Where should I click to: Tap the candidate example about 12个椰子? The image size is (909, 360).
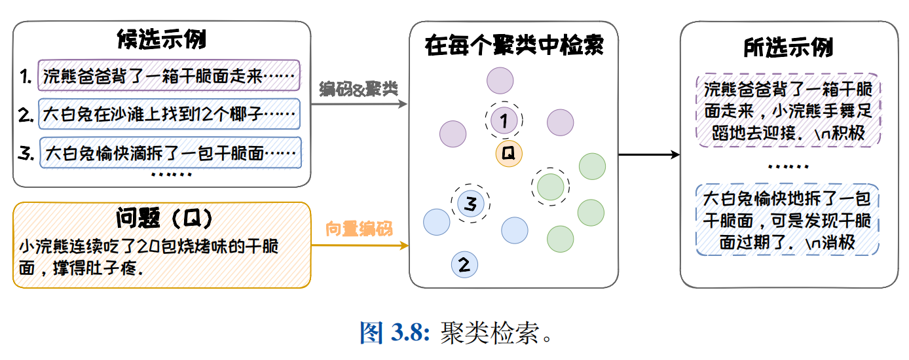click(x=168, y=115)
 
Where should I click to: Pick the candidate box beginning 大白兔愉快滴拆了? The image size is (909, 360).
click(x=170, y=154)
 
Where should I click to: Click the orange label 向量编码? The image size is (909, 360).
click(x=359, y=229)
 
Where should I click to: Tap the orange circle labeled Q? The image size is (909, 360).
click(x=508, y=153)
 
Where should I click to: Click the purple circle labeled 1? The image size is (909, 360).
click(x=504, y=120)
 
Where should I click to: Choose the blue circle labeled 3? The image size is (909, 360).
click(x=470, y=203)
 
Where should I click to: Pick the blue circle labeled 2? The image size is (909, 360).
click(x=464, y=264)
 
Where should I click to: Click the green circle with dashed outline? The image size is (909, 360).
click(x=550, y=187)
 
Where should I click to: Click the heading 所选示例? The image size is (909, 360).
click(x=788, y=48)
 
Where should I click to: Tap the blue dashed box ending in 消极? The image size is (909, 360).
click(x=788, y=221)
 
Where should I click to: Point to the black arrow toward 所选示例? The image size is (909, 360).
click(x=649, y=154)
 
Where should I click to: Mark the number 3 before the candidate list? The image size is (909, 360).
click(x=26, y=154)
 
